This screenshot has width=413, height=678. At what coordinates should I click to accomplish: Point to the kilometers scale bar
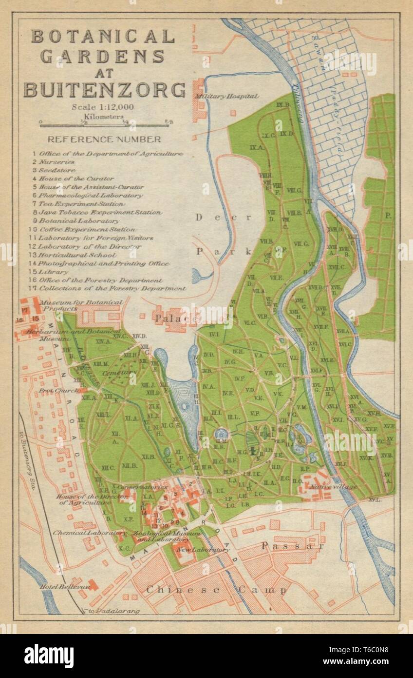point(104,125)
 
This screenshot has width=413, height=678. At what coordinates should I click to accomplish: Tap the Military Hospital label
point(226,97)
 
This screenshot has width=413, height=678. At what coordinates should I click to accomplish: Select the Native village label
point(337,486)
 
